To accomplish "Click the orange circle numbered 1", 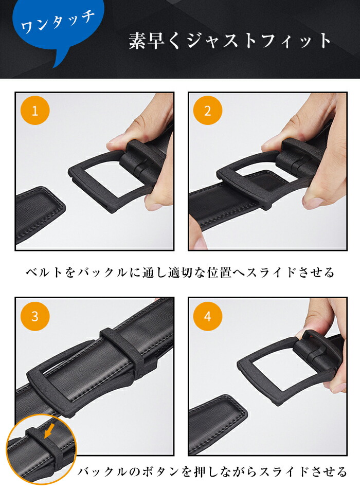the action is coord(35,111).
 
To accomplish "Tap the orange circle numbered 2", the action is coord(208,111).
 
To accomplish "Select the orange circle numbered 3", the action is coord(35,316).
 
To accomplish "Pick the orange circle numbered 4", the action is coord(208,316).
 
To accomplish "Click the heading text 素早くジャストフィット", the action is coord(230,41).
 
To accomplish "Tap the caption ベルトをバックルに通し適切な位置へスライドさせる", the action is coord(180,273).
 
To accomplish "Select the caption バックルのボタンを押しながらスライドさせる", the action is coord(212,471).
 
